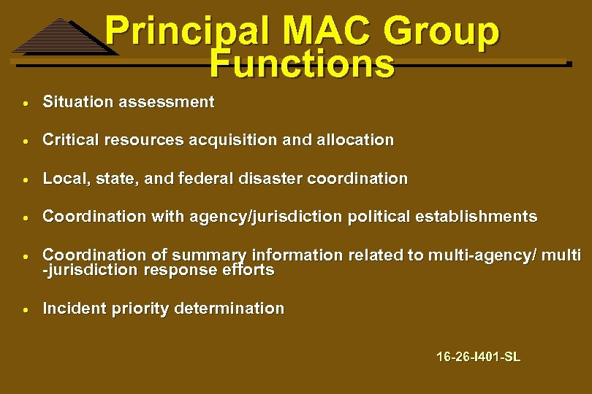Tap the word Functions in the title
pos(301,63)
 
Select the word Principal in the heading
pos(187,33)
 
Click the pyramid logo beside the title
pos(64,36)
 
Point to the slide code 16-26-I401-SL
pos(478,357)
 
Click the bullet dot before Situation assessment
pos(26,102)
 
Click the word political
pos(380,217)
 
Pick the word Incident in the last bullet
pos(75,309)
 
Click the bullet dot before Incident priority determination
pos(26,309)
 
